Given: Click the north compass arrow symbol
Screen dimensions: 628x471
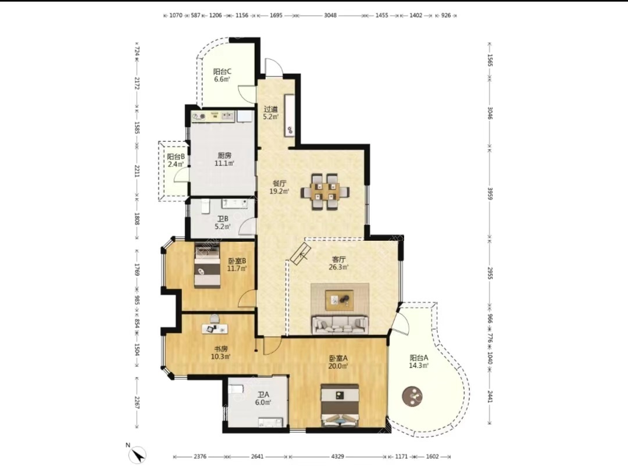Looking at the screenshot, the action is click(x=139, y=455).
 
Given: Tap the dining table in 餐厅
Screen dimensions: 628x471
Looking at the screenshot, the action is click(x=324, y=191).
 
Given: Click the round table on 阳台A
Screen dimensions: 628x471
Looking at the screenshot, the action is click(x=412, y=396).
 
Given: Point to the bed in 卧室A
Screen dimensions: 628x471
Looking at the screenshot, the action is click(x=340, y=405).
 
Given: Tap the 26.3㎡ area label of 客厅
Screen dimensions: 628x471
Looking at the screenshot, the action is click(x=338, y=267).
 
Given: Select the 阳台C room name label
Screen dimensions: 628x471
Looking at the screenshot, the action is click(x=222, y=72).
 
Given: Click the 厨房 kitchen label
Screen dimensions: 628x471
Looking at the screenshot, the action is click(x=224, y=155).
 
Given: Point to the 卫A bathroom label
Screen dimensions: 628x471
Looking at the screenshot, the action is click(x=263, y=394).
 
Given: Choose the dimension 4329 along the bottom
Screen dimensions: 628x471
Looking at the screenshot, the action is click(x=338, y=456).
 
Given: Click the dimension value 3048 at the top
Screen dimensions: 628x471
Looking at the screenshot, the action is click(x=330, y=15).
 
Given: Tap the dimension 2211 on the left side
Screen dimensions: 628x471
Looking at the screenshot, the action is click(x=137, y=172).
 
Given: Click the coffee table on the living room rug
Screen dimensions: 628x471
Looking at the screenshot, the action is click(x=340, y=298).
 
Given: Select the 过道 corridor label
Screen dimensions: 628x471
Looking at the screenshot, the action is click(x=270, y=109).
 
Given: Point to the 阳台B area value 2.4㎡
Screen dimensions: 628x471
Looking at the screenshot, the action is click(x=176, y=164).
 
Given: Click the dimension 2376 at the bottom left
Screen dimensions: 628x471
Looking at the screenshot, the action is click(x=200, y=456).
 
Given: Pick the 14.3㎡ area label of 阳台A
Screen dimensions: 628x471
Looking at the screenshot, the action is click(x=419, y=366).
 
